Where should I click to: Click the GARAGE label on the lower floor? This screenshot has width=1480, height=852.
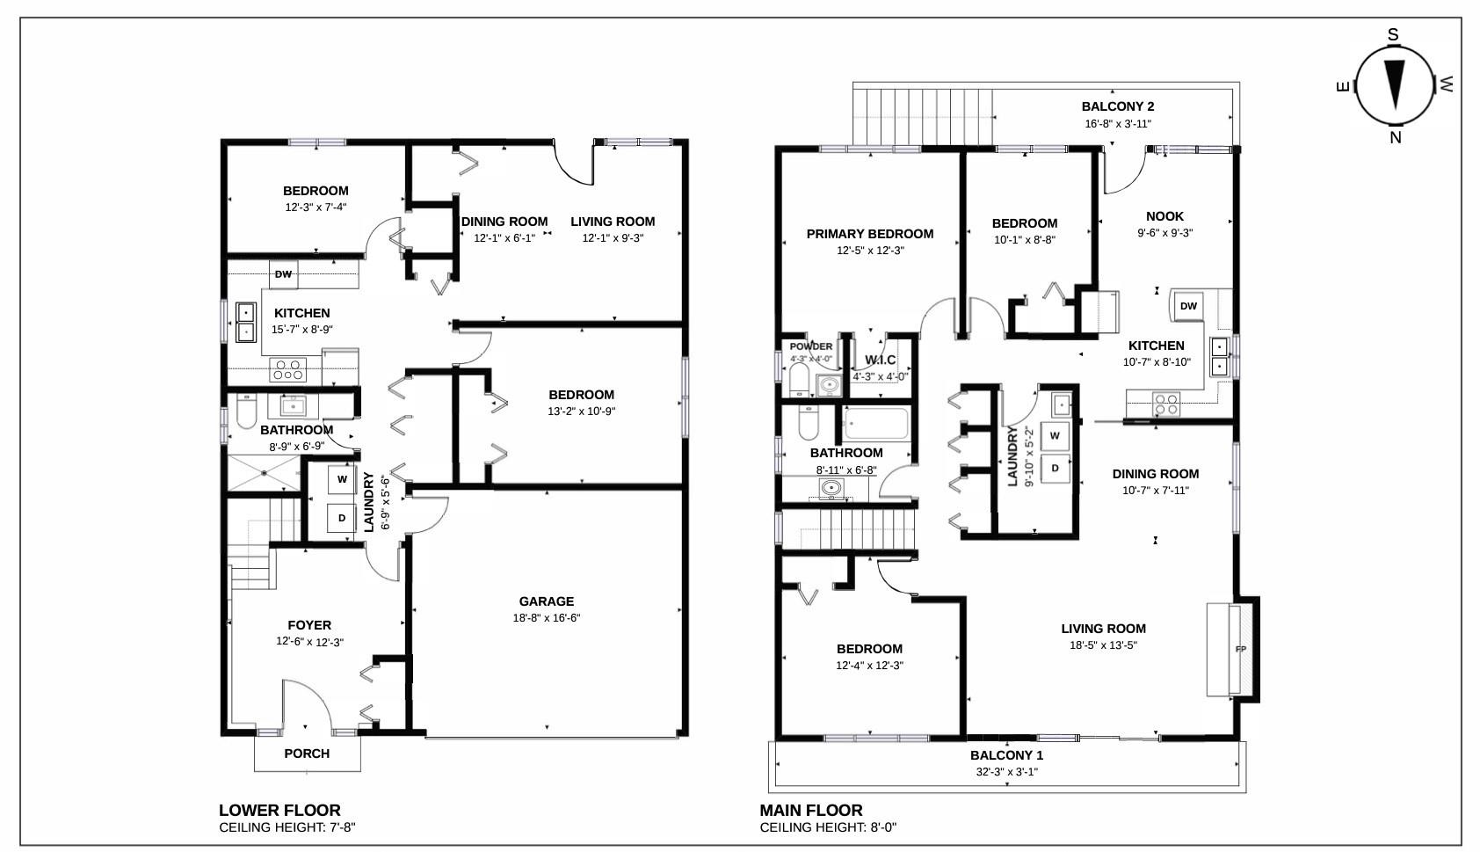click(547, 601)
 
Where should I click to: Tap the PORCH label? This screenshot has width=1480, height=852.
click(307, 754)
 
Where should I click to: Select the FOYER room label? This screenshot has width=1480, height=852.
click(309, 625)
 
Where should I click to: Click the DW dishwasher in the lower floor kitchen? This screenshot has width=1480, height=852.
click(284, 274)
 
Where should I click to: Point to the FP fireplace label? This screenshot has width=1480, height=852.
click(1241, 649)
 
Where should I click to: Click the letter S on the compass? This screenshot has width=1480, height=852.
click(1393, 34)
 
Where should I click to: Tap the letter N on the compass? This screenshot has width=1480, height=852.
click(1396, 137)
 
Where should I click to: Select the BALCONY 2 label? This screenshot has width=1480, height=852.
click(1118, 106)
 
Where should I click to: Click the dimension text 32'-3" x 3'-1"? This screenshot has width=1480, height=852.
click(1007, 772)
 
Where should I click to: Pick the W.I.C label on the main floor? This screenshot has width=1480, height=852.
click(880, 360)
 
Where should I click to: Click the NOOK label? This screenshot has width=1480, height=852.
click(1164, 216)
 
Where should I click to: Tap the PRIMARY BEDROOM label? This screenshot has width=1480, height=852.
click(870, 234)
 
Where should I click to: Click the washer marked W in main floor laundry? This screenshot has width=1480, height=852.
click(1056, 435)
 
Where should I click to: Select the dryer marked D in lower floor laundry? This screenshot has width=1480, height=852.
click(342, 518)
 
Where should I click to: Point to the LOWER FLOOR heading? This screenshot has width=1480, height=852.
click(279, 811)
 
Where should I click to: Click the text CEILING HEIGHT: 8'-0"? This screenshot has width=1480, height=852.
click(828, 827)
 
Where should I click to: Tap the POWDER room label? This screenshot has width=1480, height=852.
click(810, 346)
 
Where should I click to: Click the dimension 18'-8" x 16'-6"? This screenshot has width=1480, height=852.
click(547, 618)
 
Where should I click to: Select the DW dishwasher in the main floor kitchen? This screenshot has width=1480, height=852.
click(1188, 306)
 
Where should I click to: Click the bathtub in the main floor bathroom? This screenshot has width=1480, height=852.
click(876, 424)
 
